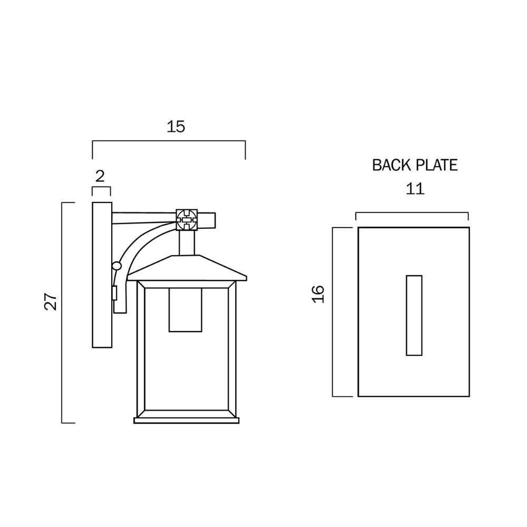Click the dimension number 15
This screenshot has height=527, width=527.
click(176, 126)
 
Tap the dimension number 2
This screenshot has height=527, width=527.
click(100, 177)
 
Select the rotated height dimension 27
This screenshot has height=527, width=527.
click(51, 301)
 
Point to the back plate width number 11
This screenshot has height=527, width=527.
click(415, 189)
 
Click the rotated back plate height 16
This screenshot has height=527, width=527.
click(318, 294)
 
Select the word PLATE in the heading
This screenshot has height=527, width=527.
click(437, 165)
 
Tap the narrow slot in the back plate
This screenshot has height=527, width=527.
click(414, 315)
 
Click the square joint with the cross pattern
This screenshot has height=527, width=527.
click(187, 220)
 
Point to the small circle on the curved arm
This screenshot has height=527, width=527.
click(116, 266)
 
